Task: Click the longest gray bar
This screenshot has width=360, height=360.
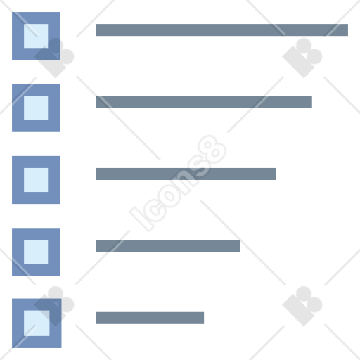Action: tap(221, 30)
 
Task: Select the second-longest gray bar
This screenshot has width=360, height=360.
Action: tap(204, 102)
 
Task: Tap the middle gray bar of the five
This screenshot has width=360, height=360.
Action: tap(186, 174)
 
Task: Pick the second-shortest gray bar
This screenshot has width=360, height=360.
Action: tap(168, 246)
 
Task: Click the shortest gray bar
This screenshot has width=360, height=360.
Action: tap(150, 318)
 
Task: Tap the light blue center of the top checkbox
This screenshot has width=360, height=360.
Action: tap(36, 36)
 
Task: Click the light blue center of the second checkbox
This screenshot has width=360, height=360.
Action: tap(36, 108)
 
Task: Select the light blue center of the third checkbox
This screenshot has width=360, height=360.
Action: tap(36, 180)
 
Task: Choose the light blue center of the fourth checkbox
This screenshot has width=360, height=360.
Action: tap(36, 252)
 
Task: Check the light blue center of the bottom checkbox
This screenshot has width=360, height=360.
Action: tap(37, 323)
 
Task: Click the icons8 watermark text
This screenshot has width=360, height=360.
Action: tap(178, 184)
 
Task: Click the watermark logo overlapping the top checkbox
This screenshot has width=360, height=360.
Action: tap(54, 58)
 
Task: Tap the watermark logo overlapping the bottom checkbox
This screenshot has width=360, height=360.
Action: tap(54, 306)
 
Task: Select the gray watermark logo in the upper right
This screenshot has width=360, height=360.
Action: tap(302, 58)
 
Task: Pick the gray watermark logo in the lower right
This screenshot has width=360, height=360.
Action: tap(302, 306)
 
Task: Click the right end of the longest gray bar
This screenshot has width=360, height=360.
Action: tap(348, 30)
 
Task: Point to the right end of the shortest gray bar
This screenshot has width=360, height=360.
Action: tap(204, 318)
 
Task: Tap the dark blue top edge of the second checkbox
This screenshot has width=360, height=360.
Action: tap(36, 90)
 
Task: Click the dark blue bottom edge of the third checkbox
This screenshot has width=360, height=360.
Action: tap(36, 198)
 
